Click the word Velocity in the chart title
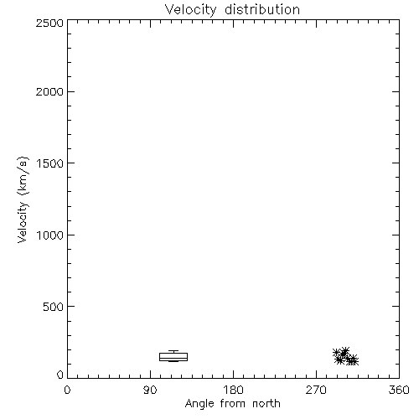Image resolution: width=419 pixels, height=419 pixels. point(190,10)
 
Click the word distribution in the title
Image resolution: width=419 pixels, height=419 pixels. point(262,9)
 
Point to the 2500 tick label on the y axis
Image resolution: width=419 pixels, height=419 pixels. point(49,23)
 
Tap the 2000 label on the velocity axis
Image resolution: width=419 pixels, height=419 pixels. point(49,91)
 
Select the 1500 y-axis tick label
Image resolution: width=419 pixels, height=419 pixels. point(50,163)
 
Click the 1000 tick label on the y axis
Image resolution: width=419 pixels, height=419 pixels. point(50,235)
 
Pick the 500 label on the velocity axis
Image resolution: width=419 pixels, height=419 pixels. point(54,307)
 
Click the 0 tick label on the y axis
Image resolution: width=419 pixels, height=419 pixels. point(60,375)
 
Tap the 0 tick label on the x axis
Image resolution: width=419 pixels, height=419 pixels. point(67,390)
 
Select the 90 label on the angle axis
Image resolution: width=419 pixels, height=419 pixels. point(150,390)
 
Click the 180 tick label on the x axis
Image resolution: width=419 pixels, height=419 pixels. point(233,390)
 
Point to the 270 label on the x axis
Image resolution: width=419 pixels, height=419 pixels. point(316,390)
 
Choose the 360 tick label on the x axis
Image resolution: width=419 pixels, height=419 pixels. point(399,390)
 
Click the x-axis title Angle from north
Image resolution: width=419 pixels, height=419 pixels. point(233,404)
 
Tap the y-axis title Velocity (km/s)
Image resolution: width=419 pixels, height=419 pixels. point(23,199)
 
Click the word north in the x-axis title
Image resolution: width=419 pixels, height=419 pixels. point(266,404)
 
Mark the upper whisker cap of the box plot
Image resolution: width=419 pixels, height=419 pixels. point(173,351)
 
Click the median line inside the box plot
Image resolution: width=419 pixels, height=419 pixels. point(173,358)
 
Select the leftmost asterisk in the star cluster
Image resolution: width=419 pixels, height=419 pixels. point(337,352)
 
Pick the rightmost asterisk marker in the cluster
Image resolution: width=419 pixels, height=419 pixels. point(354,361)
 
